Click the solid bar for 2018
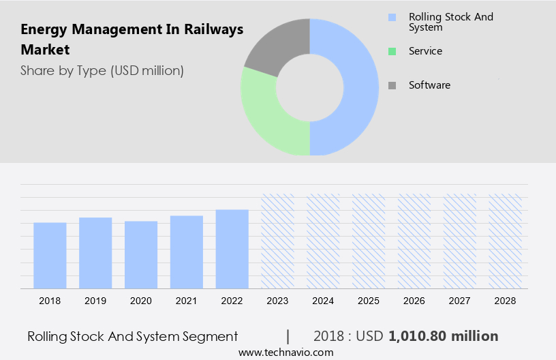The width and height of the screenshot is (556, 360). click(x=50, y=256)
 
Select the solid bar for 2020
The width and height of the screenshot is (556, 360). click(x=141, y=255)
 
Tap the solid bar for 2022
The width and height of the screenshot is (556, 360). click(x=232, y=249)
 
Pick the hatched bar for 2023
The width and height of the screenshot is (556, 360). click(x=278, y=241)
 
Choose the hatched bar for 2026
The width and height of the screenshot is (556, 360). click(x=414, y=241)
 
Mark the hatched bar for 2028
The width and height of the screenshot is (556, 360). click(x=505, y=241)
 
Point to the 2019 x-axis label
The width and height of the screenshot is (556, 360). click(x=95, y=301)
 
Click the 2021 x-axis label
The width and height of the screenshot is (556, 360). click(x=187, y=301)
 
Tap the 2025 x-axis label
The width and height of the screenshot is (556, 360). click(x=369, y=301)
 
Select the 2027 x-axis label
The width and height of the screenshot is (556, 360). click(x=460, y=301)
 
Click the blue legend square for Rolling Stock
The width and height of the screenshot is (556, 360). click(x=392, y=17)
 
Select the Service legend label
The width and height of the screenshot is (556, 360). click(x=425, y=51)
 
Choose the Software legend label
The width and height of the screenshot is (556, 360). click(x=429, y=85)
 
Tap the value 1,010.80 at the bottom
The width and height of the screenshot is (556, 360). click(x=419, y=336)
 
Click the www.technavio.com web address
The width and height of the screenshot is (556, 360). click(x=285, y=352)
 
